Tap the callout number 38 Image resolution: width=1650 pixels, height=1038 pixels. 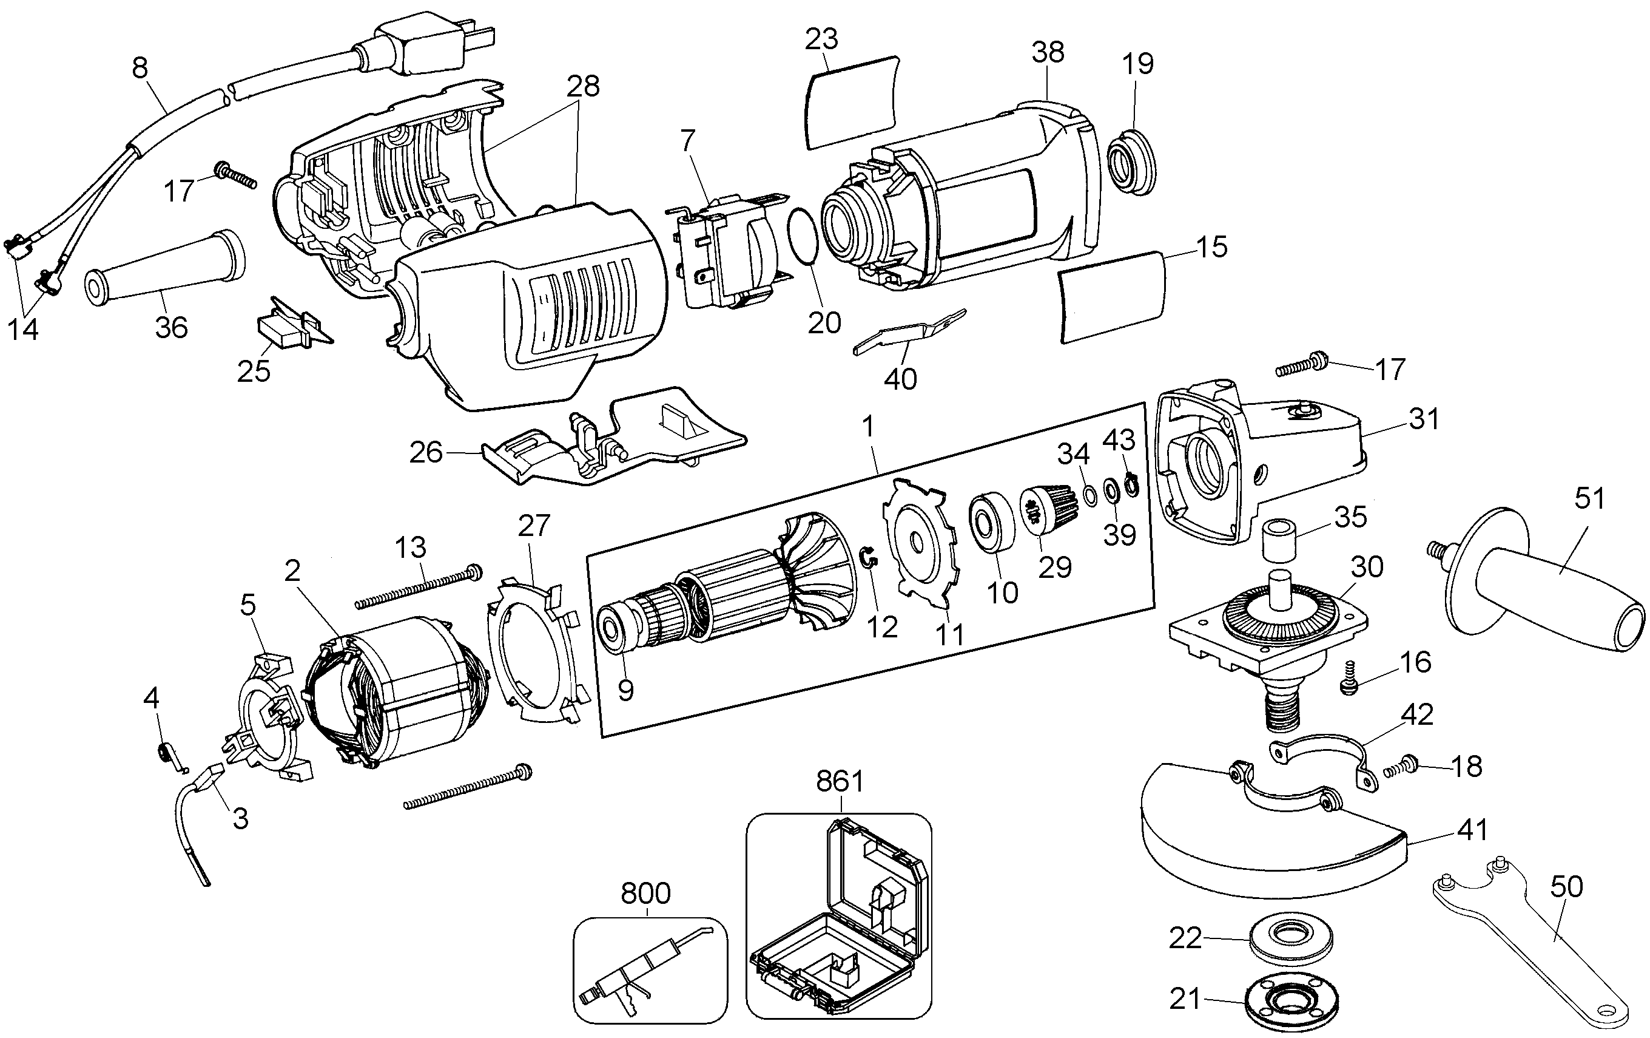pos(1047,52)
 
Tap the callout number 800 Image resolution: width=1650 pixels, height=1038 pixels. pos(645,894)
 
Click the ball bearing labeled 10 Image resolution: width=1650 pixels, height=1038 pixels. pos(991,520)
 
